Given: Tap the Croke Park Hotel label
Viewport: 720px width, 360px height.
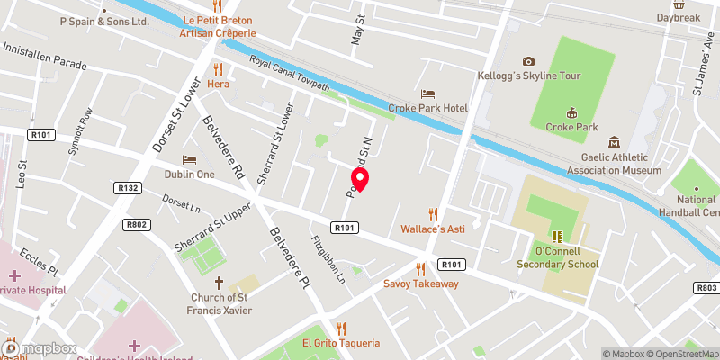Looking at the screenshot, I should [x=428, y=108].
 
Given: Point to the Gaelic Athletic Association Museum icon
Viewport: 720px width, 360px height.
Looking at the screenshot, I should [x=614, y=142].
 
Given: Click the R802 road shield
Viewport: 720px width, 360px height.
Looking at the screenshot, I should [x=137, y=225].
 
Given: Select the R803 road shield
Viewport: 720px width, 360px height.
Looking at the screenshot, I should [x=706, y=288].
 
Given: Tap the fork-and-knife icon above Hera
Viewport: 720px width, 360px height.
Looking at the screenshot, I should [x=217, y=68].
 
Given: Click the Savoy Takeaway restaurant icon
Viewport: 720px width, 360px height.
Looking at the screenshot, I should [x=420, y=268].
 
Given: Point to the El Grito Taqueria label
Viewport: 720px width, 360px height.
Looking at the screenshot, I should [x=341, y=343].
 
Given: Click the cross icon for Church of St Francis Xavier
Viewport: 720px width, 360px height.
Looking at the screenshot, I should [x=219, y=282].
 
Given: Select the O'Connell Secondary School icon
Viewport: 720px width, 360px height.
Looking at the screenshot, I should [x=557, y=237].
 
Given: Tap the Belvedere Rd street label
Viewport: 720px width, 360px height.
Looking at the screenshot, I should [x=225, y=148].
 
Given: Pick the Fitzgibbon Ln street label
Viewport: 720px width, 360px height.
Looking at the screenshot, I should [x=328, y=261].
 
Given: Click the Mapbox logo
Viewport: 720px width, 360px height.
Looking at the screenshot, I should [x=40, y=348].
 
